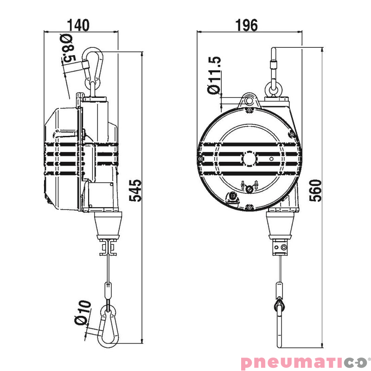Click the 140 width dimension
pyautogui.click(x=79, y=25)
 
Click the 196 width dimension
pyautogui.click(x=246, y=25)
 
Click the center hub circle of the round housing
pyautogui.click(x=249, y=158)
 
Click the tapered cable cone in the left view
pyautogui.click(x=108, y=225)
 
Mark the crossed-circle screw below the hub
pyautogui.click(x=249, y=188)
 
